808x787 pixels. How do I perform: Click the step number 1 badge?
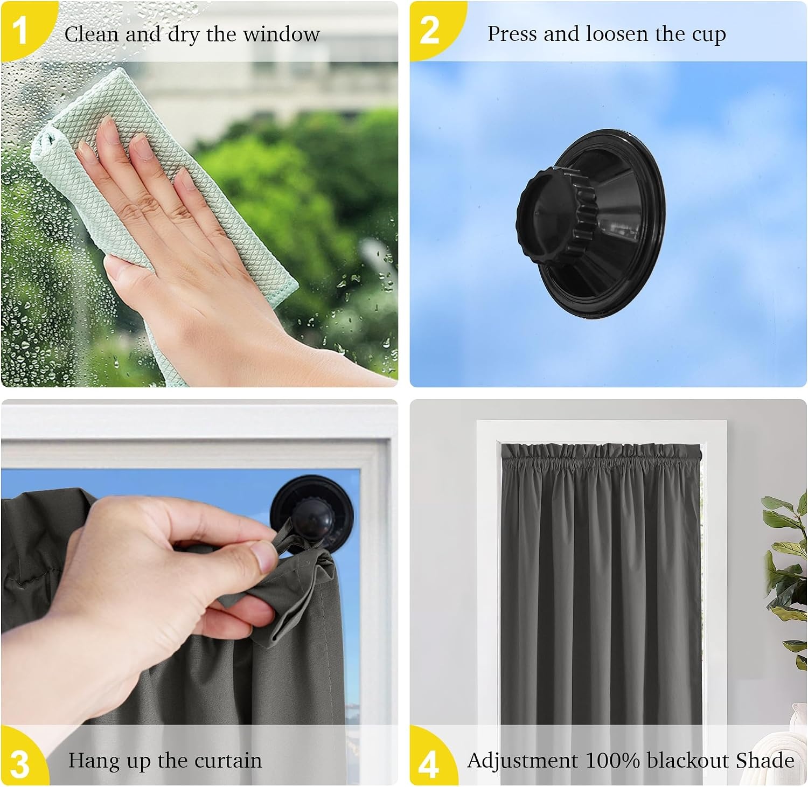(20, 30)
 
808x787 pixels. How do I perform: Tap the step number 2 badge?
(430, 30)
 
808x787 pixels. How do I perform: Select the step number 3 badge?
(20, 763)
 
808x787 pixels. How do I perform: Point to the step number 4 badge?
(429, 763)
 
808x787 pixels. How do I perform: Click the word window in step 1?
(281, 34)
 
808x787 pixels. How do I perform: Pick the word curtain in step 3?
(228, 761)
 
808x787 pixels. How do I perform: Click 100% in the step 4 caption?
(612, 761)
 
